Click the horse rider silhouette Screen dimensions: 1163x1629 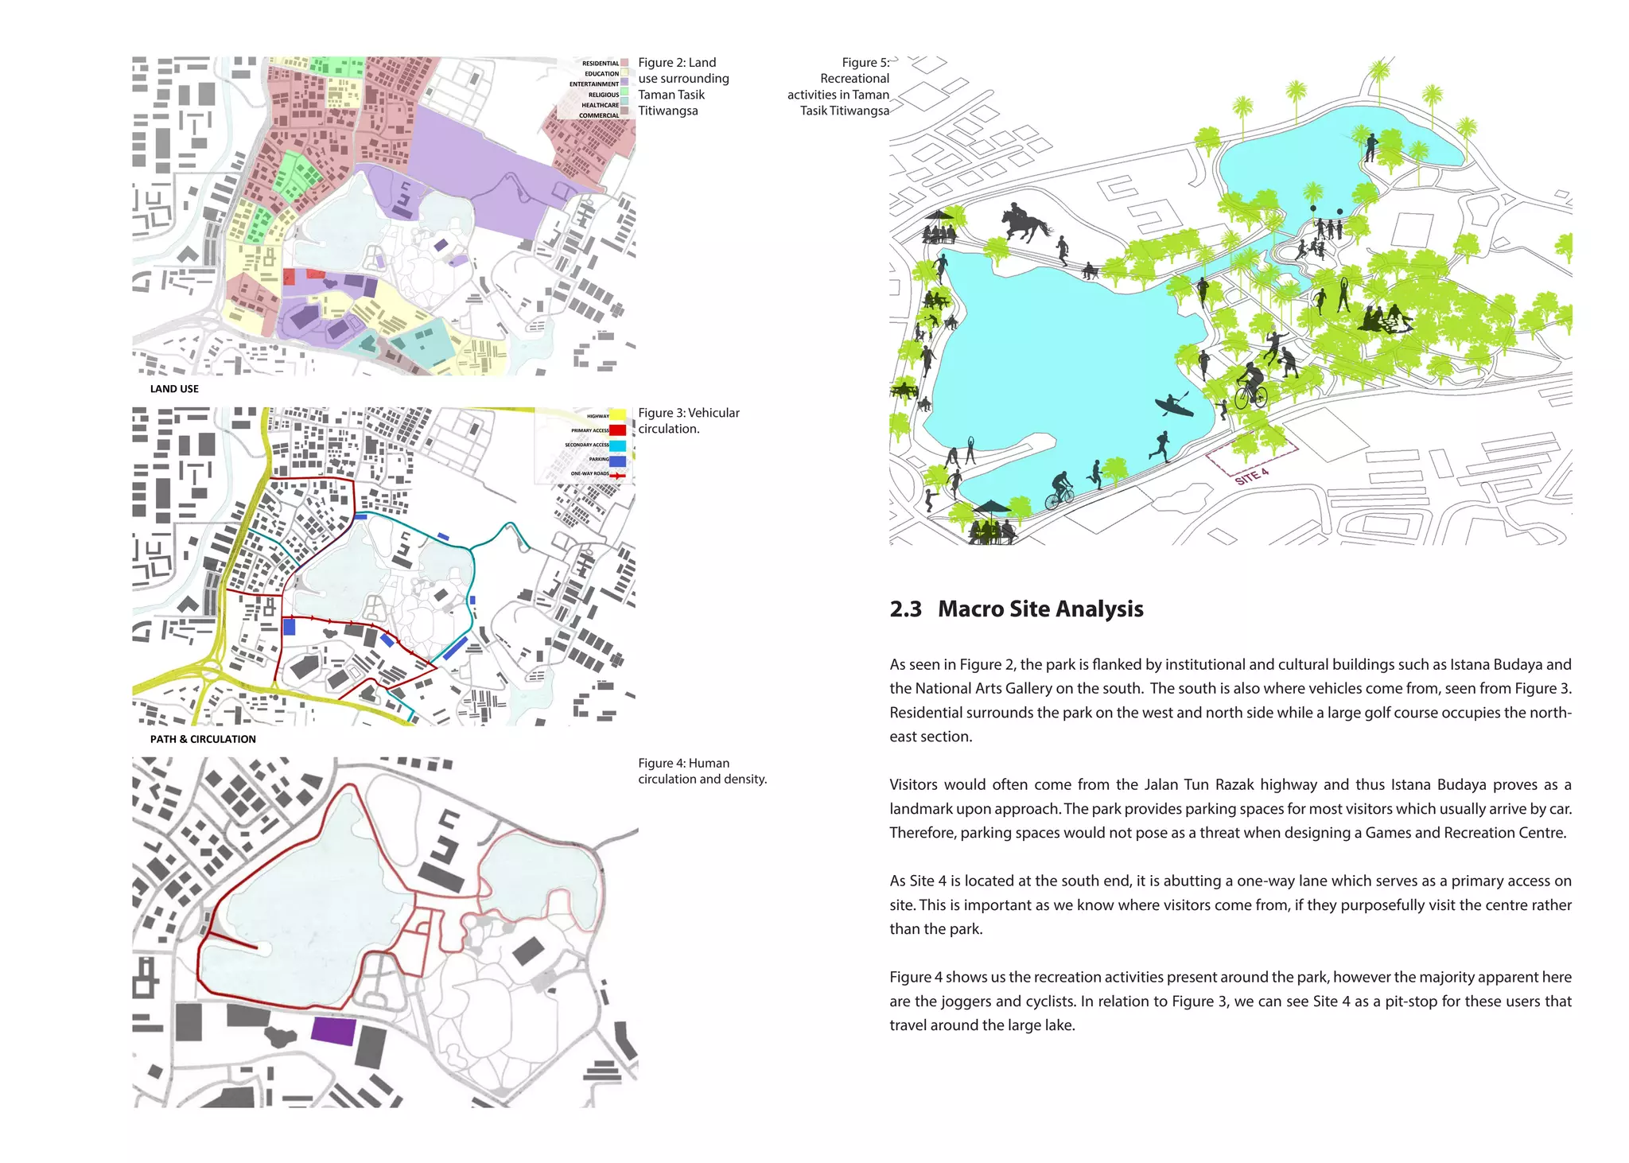coord(1027,224)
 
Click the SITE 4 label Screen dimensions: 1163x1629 coord(1251,476)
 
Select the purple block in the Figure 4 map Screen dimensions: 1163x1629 coord(332,1031)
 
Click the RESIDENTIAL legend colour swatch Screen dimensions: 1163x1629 coord(624,63)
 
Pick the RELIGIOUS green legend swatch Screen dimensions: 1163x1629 coord(624,94)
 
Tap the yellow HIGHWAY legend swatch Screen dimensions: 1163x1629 coord(617,415)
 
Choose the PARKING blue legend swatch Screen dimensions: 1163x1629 coord(617,460)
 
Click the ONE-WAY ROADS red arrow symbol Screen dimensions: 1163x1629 coord(617,475)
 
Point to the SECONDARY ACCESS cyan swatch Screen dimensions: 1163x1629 coord(617,445)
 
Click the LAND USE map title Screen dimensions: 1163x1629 coord(174,389)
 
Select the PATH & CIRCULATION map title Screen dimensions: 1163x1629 coord(203,739)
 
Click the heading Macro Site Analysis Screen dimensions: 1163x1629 coord(1040,609)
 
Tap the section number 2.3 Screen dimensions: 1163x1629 coord(905,609)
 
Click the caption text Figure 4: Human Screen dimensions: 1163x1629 coord(683,763)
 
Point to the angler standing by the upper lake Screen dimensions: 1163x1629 coord(1370,148)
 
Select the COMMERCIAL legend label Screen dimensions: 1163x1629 coord(598,115)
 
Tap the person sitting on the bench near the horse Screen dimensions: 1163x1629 coord(1089,271)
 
